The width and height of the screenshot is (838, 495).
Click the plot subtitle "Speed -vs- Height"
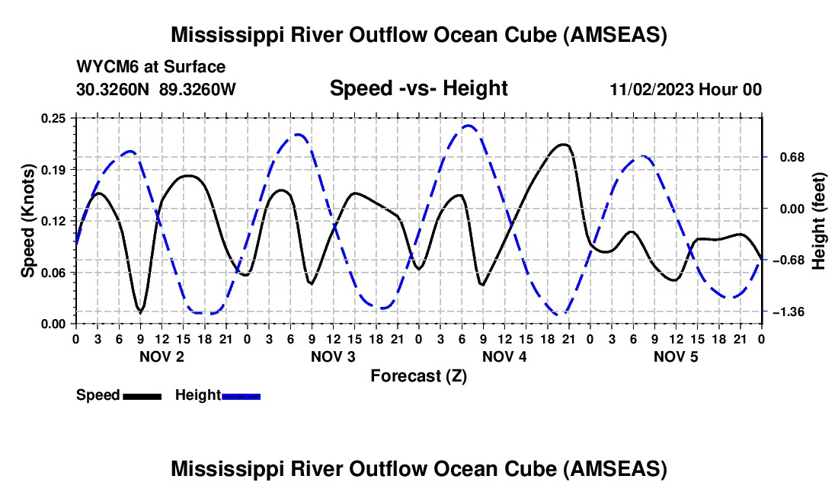coord(418,88)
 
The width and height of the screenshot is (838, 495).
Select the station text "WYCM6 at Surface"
coord(151,67)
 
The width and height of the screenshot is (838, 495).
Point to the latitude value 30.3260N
coord(112,89)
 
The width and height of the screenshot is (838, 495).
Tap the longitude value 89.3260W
coord(197,89)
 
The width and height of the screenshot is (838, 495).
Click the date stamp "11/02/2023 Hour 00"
coord(686,89)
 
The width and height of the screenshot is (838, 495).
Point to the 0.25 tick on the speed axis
coord(53,118)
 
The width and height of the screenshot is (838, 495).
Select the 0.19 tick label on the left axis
coord(53,170)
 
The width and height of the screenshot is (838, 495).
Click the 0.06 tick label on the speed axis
coord(53,273)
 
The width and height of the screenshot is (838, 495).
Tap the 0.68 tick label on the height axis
coord(792,158)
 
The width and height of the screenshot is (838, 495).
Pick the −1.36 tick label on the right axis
coord(788,311)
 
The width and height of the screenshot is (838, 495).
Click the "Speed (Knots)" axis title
coord(27,221)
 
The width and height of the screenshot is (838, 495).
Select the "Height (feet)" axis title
coord(819,221)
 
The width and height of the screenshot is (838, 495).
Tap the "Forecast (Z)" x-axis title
coord(418,376)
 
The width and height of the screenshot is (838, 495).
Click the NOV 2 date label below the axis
coord(162,356)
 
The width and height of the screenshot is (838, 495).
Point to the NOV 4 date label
coord(504,356)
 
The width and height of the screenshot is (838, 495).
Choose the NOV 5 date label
coord(676,356)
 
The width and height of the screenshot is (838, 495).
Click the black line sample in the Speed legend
coord(142,396)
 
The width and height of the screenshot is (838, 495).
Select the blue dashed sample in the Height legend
coord(241,396)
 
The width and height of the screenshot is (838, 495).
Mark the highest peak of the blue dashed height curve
coord(469,126)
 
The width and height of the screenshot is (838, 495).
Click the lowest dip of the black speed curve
coord(141,311)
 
